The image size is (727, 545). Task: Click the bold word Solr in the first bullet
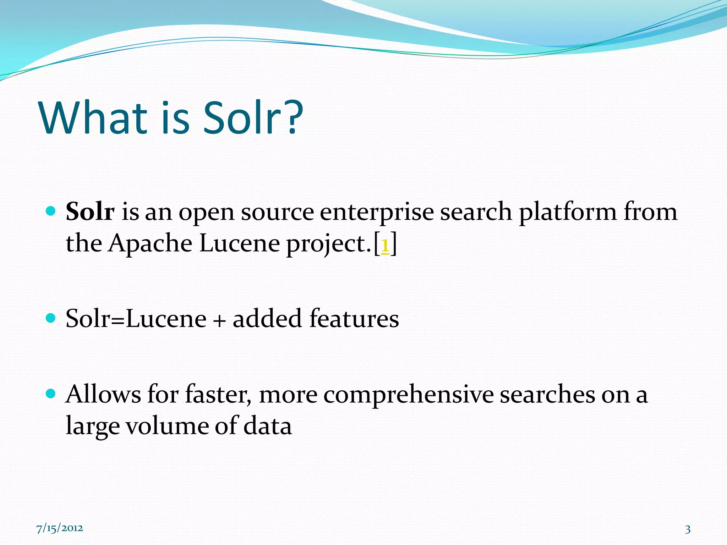(x=90, y=212)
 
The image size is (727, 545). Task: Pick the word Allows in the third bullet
(x=103, y=394)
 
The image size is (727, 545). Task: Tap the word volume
(x=167, y=426)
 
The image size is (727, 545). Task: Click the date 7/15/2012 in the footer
(x=60, y=528)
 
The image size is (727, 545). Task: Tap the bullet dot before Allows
(x=51, y=393)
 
